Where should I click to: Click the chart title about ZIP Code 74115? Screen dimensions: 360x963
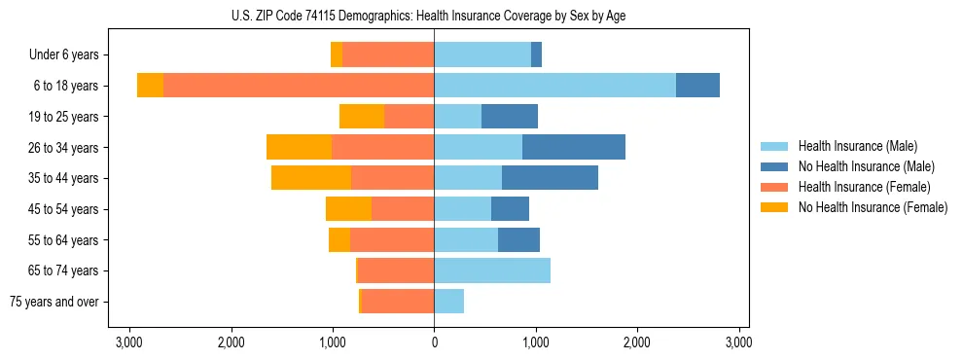coord(434,16)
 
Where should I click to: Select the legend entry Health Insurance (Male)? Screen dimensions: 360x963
coord(857,146)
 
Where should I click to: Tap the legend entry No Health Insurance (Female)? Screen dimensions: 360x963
coord(873,207)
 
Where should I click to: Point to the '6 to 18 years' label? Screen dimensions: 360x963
coord(66,86)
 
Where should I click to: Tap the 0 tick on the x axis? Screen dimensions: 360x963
coord(434,342)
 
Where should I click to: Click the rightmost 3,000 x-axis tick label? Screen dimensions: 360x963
coord(738,342)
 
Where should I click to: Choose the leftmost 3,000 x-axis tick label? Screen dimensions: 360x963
coord(129,342)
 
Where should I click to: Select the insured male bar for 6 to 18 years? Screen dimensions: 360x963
coord(554,86)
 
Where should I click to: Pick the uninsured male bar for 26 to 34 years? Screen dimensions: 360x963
coord(574,147)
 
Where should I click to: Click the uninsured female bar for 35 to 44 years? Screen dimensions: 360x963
coord(311,178)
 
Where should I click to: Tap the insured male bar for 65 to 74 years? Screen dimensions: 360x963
coord(492,270)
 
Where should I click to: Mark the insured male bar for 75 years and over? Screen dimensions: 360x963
coord(448,302)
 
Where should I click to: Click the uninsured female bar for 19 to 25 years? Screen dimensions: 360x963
coord(362,117)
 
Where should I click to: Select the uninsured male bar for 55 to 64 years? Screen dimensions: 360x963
coord(518,239)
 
